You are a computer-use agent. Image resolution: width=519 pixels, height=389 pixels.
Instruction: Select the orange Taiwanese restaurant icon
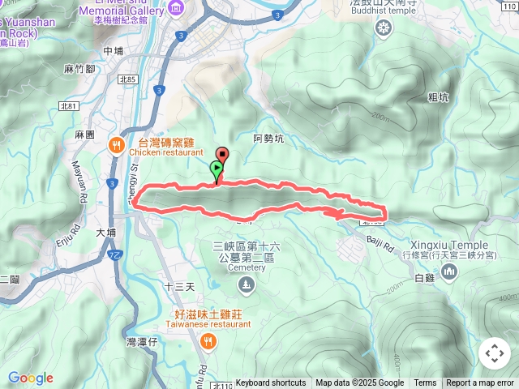pos(209,342)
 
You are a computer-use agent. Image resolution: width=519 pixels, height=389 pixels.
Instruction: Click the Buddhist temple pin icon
pos(384,28)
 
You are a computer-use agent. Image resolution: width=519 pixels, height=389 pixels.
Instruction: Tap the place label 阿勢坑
pos(268,139)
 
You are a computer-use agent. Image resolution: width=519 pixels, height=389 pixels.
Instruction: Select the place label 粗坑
pos(439,96)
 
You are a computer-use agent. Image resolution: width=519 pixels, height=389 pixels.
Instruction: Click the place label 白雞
pos(424,278)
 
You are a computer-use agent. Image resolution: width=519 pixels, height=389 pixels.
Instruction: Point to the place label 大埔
pos(106,232)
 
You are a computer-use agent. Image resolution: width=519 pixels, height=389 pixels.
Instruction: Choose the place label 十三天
pos(179,286)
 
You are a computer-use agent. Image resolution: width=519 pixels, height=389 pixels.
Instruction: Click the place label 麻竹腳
pos(79,70)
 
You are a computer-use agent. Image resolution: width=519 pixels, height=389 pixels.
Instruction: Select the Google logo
pos(31,378)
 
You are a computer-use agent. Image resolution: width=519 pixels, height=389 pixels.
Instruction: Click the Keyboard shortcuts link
pos(271,383)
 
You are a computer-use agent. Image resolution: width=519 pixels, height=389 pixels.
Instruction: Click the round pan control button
pos(495,353)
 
